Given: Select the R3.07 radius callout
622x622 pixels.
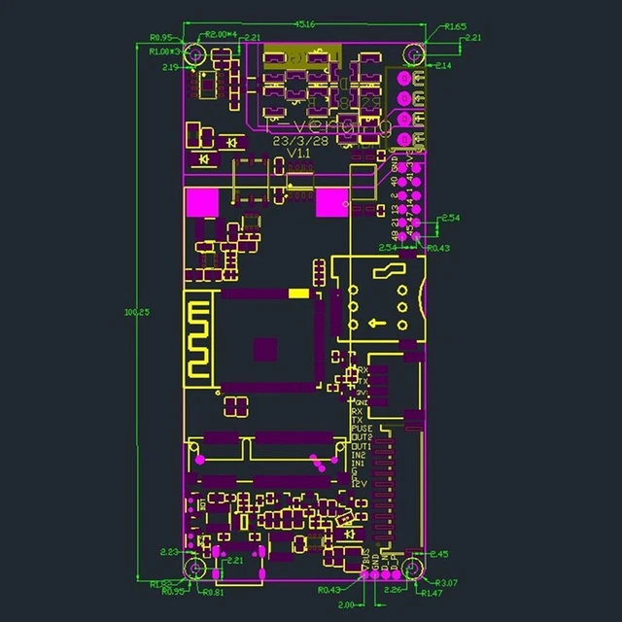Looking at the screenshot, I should tap(446, 583).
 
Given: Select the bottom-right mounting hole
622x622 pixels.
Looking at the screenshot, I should tap(412, 569).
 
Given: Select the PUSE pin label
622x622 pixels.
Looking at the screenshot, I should tap(362, 429).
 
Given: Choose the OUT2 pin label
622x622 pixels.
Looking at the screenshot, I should tap(362, 437).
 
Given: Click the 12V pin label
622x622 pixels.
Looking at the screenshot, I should tap(359, 483).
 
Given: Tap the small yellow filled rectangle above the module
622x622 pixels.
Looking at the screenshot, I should tap(298, 294).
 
